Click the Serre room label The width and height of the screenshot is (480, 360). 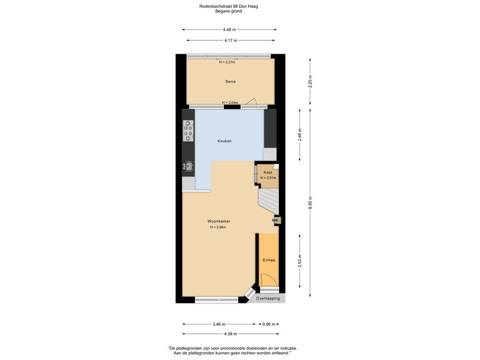(230, 82)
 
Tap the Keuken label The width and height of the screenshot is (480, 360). (225, 141)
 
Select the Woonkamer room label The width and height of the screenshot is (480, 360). (218, 221)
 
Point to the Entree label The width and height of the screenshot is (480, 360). (269, 260)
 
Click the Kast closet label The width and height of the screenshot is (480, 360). (268, 172)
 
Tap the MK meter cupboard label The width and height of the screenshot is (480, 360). (275, 220)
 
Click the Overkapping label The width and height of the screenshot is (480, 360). (268, 298)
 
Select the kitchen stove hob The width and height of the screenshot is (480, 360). (188, 131)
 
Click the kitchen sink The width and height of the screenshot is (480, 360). (188, 166)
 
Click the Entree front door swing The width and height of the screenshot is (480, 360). (269, 280)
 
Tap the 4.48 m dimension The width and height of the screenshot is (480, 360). (229, 30)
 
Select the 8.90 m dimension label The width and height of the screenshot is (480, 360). (310, 202)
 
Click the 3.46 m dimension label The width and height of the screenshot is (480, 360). (219, 324)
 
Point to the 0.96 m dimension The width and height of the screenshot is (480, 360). (269, 324)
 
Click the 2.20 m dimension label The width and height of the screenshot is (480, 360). (310, 82)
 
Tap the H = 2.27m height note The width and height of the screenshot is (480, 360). (227, 62)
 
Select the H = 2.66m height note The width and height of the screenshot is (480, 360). (218, 227)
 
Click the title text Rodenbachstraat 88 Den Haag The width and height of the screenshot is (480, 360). (228, 6)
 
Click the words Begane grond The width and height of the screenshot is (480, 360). (228, 11)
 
